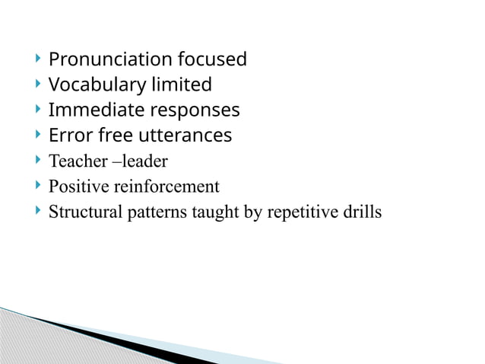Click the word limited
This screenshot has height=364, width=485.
(182, 85)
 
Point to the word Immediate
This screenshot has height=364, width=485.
(96, 110)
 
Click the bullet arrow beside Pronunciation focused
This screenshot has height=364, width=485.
(38, 59)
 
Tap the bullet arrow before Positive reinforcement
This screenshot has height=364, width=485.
(38, 186)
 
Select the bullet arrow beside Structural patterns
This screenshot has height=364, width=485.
(38, 211)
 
